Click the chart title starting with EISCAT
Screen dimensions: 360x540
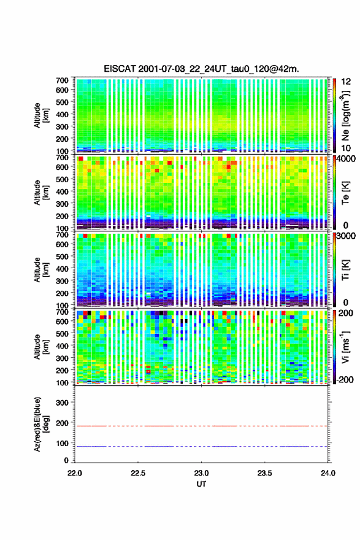point(201,69)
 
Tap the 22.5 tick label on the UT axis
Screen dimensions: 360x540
point(138,473)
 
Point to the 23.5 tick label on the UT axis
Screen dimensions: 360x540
point(264,473)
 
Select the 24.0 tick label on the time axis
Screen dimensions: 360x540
point(328,473)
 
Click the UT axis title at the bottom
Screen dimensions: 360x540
point(201,484)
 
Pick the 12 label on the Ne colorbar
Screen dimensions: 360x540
point(346,82)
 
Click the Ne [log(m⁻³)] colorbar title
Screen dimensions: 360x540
point(345,115)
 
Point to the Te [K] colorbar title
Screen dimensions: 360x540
point(345,193)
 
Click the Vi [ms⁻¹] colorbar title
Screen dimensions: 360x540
point(345,347)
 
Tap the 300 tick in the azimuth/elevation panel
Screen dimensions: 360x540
point(63,403)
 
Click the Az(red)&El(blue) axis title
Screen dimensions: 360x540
point(40,424)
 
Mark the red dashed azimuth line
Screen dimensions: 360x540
point(201,426)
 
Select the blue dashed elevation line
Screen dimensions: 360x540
point(201,446)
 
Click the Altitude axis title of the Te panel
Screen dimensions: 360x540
point(41,192)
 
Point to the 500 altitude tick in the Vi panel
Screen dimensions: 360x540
point(63,333)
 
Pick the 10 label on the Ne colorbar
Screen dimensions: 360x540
point(346,148)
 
